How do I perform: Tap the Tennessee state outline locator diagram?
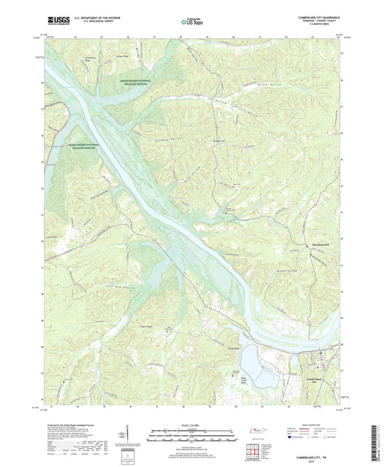[257, 431]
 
